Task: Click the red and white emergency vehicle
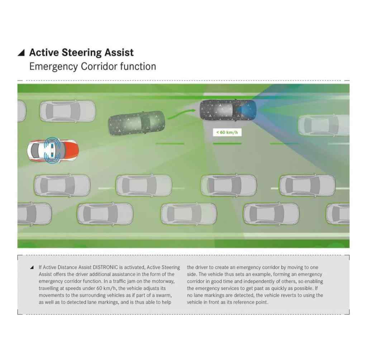coord(53,150)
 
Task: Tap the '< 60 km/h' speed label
coord(227,133)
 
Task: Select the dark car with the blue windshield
coord(228,110)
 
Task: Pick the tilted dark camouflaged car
coord(137,123)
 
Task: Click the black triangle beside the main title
coord(21,53)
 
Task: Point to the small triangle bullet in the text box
coord(32,267)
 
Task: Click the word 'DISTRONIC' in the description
coord(105,267)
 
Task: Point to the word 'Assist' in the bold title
coord(119,53)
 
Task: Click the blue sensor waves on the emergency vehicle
coord(52,150)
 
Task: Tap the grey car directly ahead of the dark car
coord(324,125)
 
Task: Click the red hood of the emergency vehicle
coord(71,150)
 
